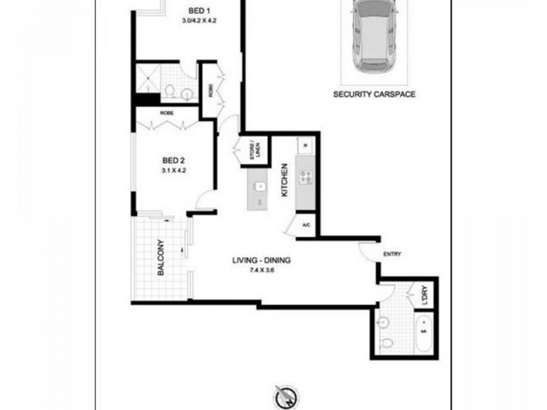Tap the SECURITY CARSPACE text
[x=374, y=95]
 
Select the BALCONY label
[x=162, y=257]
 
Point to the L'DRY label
[x=425, y=295]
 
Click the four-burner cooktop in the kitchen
[x=306, y=178]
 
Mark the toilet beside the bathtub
[x=387, y=342]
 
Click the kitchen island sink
[x=258, y=187]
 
